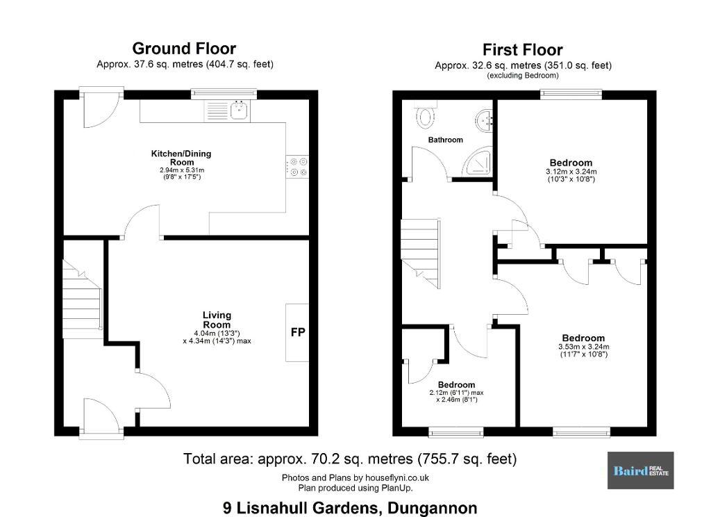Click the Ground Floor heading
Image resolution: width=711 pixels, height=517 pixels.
click(x=184, y=48)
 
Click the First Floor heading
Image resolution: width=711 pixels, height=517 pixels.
click(x=522, y=49)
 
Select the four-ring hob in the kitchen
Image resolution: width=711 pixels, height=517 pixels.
click(x=297, y=167)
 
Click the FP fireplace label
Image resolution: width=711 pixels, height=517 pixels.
click(x=298, y=332)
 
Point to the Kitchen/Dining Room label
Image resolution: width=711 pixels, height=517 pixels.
click(x=181, y=158)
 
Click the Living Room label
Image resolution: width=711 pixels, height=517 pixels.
click(x=217, y=320)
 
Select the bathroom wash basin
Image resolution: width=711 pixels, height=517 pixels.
click(x=484, y=121)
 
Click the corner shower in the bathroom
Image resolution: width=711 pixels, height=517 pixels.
click(x=477, y=162)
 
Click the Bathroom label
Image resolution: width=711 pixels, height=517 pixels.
click(x=446, y=140)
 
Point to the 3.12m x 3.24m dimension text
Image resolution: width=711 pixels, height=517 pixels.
click(x=571, y=172)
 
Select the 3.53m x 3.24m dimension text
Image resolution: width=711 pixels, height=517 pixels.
click(x=583, y=347)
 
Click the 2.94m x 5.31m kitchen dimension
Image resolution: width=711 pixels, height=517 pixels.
click(x=182, y=170)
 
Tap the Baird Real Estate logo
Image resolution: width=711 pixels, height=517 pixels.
click(x=641, y=470)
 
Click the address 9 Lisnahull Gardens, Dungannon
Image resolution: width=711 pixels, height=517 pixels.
click(x=350, y=507)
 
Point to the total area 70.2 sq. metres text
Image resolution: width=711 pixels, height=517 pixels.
click(x=350, y=459)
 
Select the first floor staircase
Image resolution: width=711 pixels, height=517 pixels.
click(x=421, y=253)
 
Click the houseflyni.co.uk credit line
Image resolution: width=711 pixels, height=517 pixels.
click(x=355, y=477)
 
